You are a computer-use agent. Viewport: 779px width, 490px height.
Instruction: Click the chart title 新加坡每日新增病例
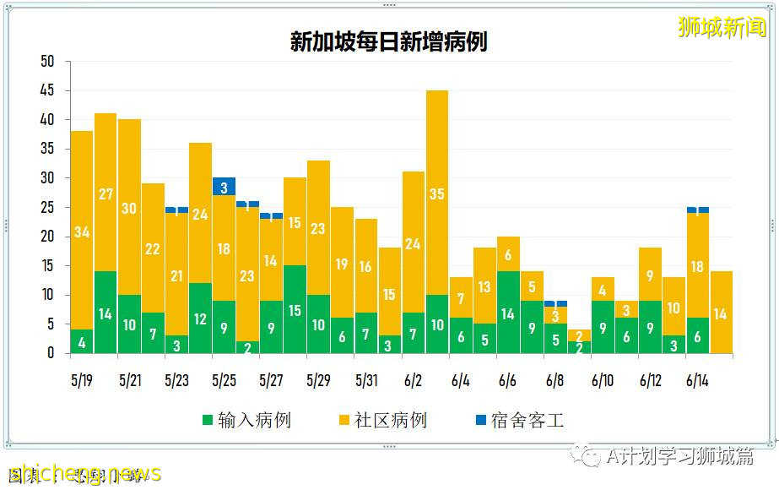tap(389, 41)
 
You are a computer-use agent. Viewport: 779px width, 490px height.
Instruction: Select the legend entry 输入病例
tap(246, 420)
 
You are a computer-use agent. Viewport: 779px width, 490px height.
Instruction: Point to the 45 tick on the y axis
tap(47, 90)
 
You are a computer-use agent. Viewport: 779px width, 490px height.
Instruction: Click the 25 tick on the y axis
tap(47, 207)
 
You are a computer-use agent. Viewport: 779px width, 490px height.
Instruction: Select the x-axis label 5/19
tap(82, 381)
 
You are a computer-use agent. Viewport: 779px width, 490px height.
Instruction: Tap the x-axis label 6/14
tap(697, 381)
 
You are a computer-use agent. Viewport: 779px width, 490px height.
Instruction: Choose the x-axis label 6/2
tap(413, 381)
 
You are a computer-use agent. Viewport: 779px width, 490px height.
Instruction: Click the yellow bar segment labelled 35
tap(437, 193)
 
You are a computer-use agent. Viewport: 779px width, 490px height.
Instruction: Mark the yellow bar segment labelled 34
tap(82, 231)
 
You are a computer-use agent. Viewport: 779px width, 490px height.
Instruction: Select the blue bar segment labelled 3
tap(224, 187)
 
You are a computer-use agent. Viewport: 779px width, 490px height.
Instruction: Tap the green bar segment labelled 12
tap(200, 318)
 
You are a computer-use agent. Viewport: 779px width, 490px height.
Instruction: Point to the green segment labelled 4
tap(82, 341)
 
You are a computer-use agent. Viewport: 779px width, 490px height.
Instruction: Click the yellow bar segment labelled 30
tap(129, 207)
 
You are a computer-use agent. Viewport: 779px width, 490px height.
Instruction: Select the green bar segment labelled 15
tap(295, 309)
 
